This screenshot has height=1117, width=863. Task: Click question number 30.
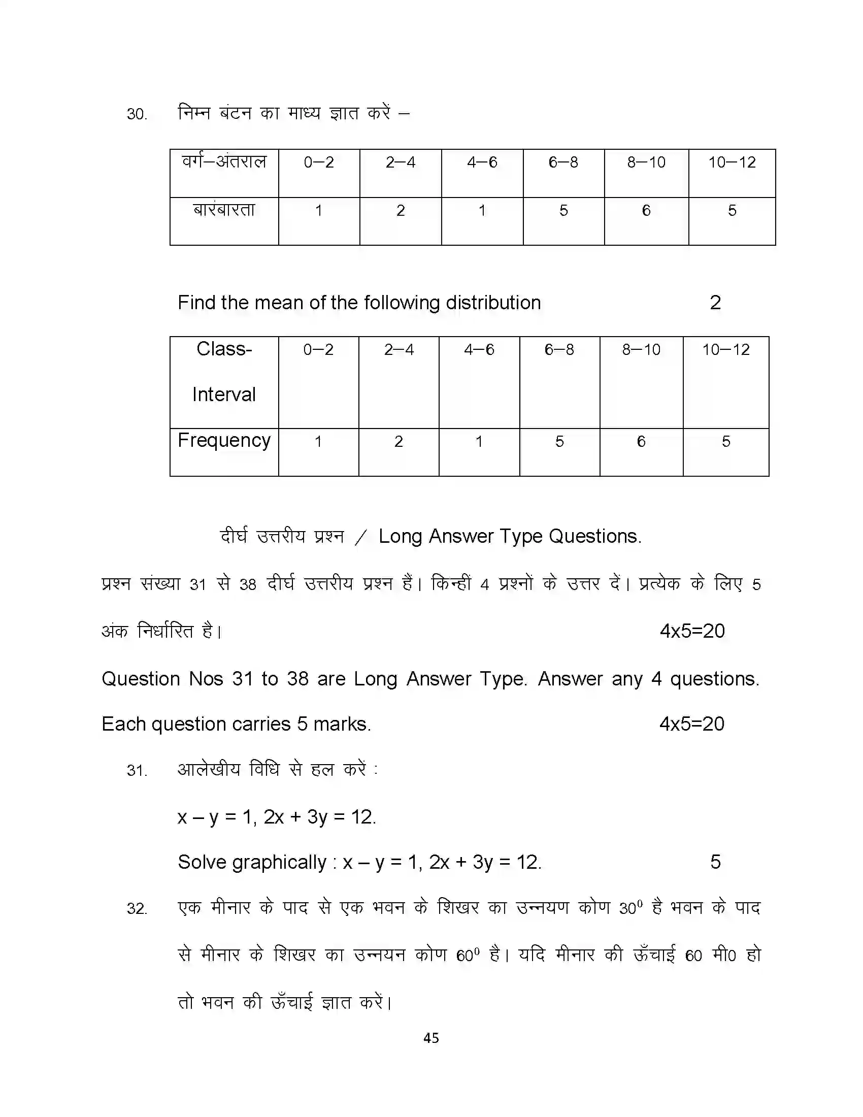137,114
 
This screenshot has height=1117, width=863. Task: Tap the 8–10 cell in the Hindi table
646,162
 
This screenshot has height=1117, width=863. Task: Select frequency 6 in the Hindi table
646,211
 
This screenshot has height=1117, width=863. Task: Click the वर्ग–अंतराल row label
224,162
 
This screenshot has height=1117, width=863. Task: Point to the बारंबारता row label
224,210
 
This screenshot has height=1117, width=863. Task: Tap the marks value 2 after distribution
715,303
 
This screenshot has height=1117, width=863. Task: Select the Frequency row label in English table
224,440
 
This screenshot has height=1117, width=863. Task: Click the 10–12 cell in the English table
725,350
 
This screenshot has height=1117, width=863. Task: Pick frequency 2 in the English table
399,441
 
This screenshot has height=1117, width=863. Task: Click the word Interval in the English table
224,395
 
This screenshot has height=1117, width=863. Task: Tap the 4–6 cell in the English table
479,350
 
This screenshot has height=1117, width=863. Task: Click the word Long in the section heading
400,537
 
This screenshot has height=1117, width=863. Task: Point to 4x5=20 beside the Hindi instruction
692,631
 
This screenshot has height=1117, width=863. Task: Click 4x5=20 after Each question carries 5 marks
692,724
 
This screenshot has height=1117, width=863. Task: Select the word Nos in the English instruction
206,679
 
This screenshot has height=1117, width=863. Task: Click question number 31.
137,770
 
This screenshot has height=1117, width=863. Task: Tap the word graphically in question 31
279,862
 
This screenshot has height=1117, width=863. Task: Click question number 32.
137,909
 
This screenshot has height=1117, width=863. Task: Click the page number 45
431,1038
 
